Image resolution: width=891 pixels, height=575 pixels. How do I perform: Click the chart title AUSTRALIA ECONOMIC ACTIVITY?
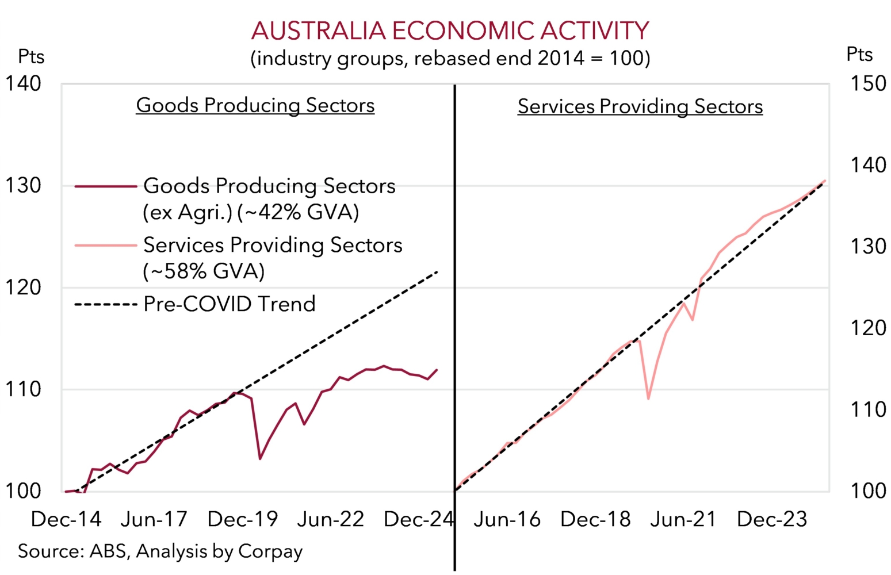click(450, 30)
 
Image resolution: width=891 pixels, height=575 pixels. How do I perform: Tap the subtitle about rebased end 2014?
click(450, 59)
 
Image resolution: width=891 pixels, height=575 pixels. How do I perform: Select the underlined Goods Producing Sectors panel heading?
click(255, 105)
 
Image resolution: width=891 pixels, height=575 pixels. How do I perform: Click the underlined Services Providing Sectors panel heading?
click(640, 106)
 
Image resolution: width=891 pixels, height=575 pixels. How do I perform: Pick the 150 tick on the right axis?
click(868, 84)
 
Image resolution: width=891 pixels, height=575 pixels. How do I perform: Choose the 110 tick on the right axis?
click(868, 409)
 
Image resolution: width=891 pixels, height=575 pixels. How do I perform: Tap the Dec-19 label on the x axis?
click(242, 519)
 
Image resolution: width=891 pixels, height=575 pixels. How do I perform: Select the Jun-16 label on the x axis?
click(507, 519)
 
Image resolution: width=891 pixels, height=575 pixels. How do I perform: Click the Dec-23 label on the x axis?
click(772, 519)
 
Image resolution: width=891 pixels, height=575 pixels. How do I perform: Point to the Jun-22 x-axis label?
click(331, 519)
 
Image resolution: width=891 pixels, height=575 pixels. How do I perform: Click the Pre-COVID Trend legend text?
click(230, 304)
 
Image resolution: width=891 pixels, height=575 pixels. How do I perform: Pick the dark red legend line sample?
click(105, 186)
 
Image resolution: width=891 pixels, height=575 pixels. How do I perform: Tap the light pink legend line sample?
click(105, 246)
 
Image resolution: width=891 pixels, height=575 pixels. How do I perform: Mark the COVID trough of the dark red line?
click(260, 459)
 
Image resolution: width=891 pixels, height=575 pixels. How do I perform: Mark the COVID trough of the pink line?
click(648, 398)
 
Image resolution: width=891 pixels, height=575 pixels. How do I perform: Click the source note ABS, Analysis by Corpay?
click(160, 551)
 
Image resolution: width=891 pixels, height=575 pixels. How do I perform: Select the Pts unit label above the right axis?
click(859, 55)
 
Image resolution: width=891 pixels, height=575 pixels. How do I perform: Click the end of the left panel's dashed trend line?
click(438, 271)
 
